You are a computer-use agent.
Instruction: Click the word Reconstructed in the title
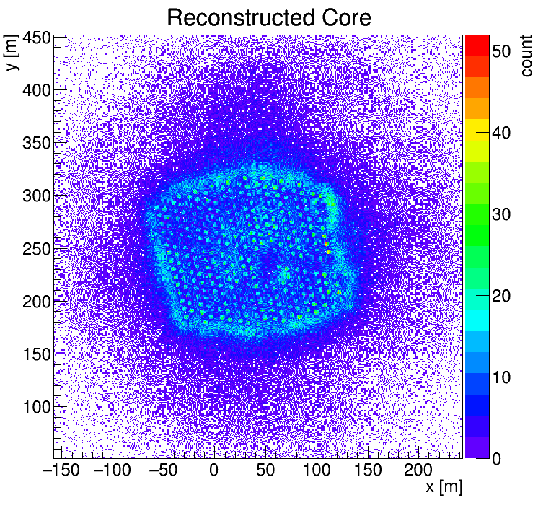coord(241,18)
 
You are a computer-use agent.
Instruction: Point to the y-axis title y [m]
coord(12,53)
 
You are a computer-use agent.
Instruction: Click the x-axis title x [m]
coord(444,486)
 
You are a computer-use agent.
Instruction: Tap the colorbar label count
coord(526,56)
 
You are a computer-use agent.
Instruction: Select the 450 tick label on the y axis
coord(37,38)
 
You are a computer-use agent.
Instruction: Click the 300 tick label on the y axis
coord(37,196)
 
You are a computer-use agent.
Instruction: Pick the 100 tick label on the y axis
coord(37,407)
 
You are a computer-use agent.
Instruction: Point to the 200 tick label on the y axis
coord(37,302)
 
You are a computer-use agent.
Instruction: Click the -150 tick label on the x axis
coord(61,470)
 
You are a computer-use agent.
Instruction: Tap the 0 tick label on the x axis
coord(214,470)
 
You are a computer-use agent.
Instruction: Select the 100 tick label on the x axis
coord(317,470)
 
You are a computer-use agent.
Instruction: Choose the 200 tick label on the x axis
coord(418,470)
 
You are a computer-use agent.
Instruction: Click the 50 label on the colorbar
coord(501,51)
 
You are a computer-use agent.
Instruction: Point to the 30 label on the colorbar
coord(501,214)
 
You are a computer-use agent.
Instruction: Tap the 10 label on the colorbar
coord(501,377)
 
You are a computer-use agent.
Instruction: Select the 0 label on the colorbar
coord(496,459)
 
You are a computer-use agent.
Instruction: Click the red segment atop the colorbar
coord(477,45)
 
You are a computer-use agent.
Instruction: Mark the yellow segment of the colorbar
coord(477,130)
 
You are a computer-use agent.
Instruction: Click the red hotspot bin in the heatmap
coord(326,244)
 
